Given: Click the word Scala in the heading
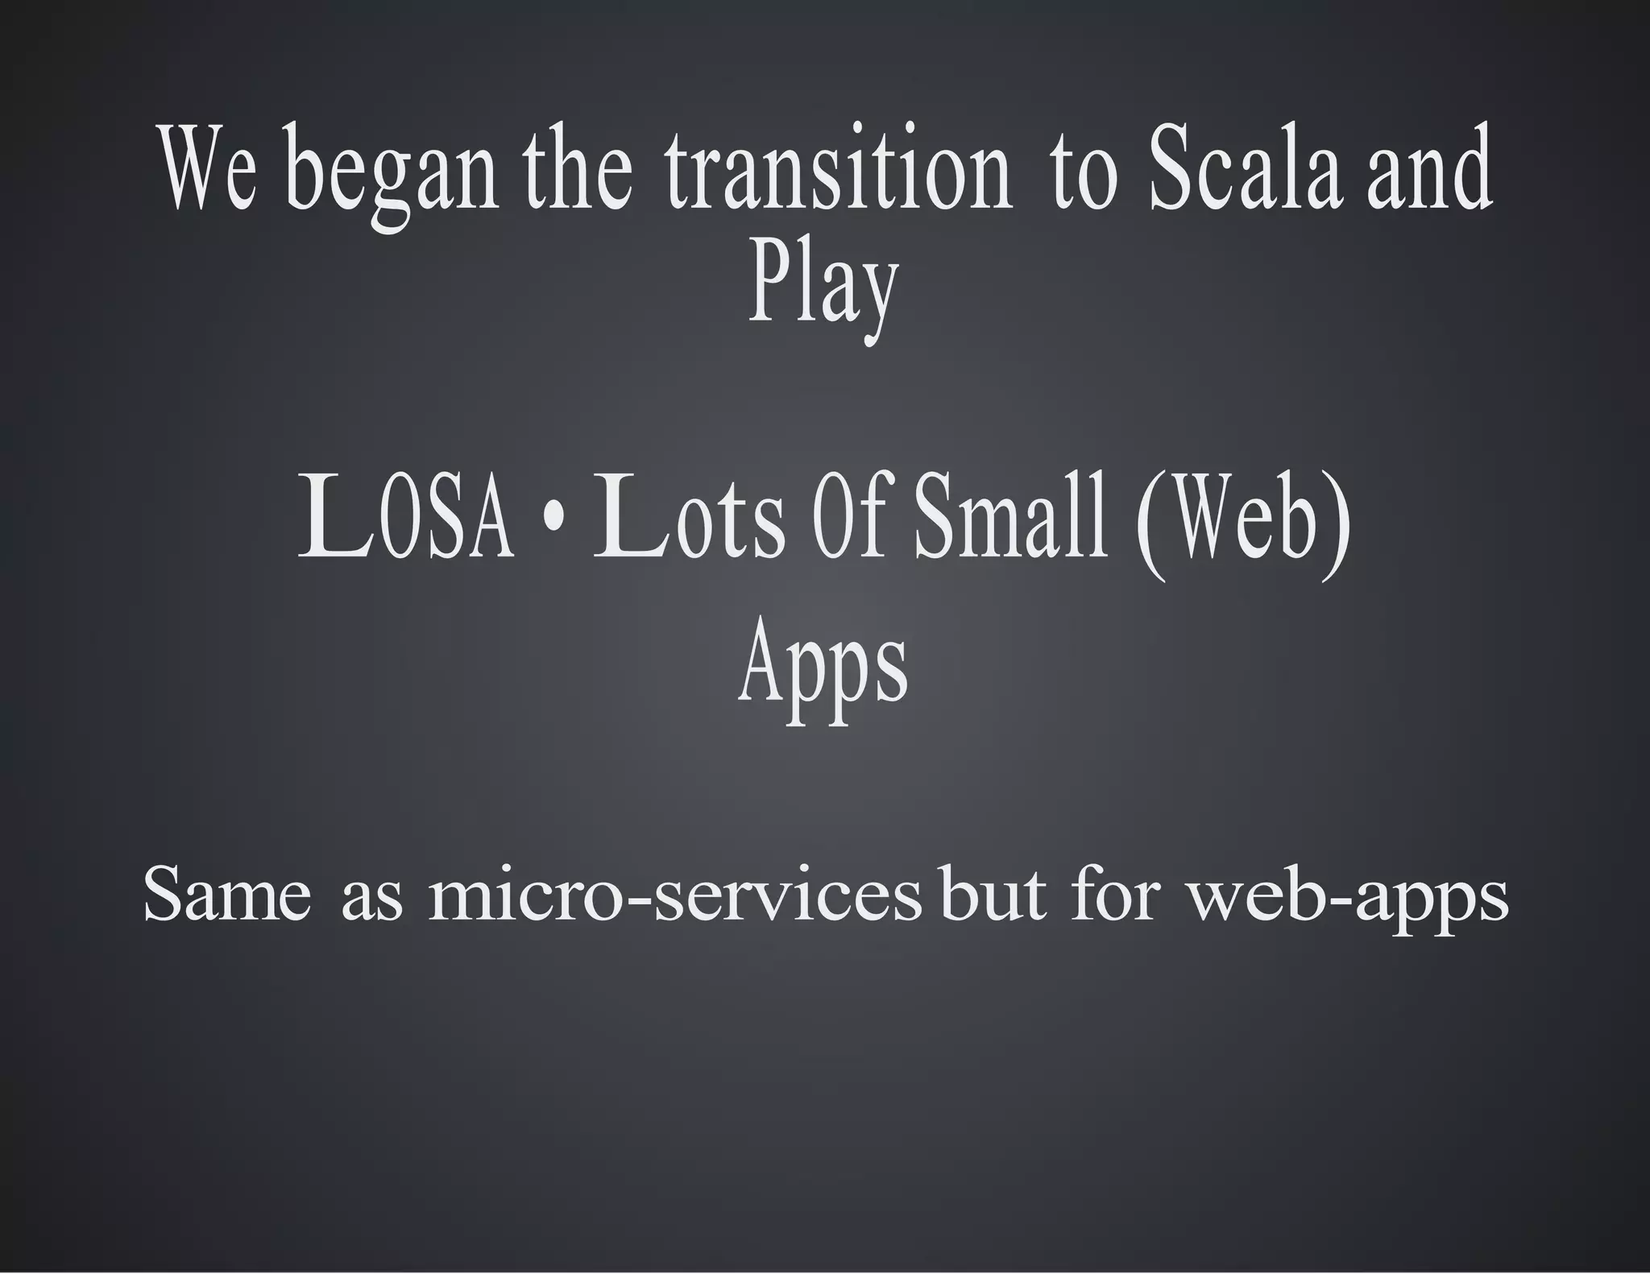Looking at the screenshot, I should pyautogui.click(x=1244, y=171).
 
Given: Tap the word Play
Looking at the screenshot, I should pyautogui.click(x=823, y=286).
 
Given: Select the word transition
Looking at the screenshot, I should pyautogui.click(x=838, y=171).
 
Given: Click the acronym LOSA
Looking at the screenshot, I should pyautogui.click(x=406, y=517).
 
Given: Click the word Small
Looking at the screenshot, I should pyautogui.click(x=1010, y=517).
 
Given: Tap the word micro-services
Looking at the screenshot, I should pyautogui.click(x=674, y=896).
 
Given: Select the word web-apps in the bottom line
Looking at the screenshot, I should pyautogui.click(x=1348, y=897).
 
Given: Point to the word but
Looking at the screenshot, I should pyautogui.click(x=993, y=896).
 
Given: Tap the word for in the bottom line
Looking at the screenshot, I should pyautogui.click(x=1115, y=896).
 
